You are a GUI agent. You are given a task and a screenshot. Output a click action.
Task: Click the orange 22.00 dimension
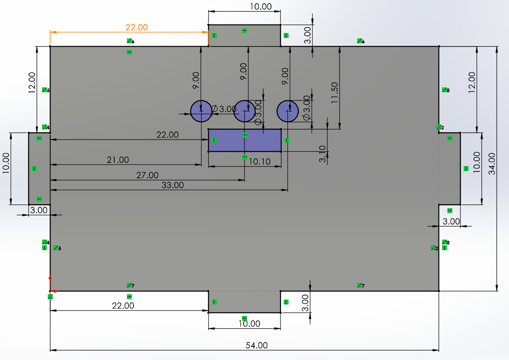137,27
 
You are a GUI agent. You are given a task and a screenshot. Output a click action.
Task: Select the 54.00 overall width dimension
257,345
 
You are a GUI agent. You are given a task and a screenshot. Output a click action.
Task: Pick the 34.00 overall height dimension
492,164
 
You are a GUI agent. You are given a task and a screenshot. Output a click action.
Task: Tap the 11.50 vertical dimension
334,93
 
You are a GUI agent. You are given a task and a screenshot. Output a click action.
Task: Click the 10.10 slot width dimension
260,162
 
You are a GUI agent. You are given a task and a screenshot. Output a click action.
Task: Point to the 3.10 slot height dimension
322,154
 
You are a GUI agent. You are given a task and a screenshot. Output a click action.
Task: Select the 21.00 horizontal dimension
118,160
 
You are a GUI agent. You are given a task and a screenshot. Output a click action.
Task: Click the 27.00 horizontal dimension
147,175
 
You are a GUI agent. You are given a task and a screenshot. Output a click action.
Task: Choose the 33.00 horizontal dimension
173,185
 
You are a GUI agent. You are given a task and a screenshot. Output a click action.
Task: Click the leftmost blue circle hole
201,111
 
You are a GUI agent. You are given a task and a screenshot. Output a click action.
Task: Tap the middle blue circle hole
244,111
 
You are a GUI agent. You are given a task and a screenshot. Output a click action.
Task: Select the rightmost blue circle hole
288,111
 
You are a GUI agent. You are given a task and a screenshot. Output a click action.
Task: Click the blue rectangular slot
245,140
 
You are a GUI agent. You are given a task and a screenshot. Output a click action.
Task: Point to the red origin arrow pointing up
50,283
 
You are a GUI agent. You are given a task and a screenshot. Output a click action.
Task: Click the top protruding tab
244,36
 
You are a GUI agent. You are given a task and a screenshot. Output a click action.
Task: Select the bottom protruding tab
244,302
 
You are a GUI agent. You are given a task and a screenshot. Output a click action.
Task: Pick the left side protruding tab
39,169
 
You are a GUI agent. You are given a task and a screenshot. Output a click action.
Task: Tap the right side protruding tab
450,169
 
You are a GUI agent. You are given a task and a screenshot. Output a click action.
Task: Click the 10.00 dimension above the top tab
261,7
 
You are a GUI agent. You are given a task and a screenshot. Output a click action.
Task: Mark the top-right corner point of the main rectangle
439,47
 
